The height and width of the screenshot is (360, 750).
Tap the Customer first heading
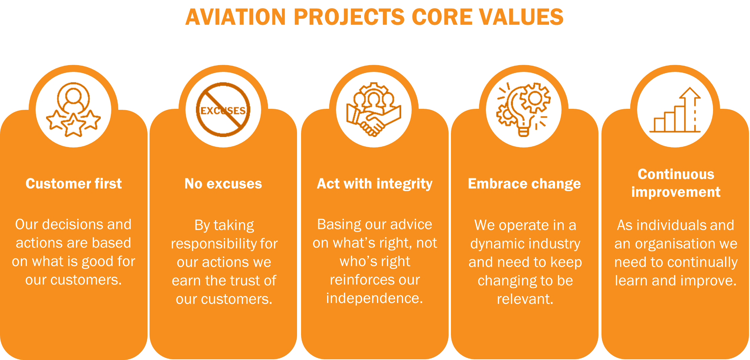click(74, 184)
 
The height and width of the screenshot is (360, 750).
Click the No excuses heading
click(223, 184)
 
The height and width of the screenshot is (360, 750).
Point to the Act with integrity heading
click(375, 184)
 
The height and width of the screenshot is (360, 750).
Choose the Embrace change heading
click(524, 184)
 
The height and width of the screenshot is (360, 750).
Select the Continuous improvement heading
click(676, 183)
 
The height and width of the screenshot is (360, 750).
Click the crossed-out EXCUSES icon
click(223, 109)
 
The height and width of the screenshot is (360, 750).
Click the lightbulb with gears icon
click(523, 109)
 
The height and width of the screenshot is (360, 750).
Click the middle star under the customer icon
click(74, 125)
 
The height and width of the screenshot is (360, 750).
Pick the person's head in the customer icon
click(73, 95)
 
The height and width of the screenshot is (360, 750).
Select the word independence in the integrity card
click(374, 298)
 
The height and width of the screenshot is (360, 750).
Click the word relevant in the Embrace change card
click(525, 299)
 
